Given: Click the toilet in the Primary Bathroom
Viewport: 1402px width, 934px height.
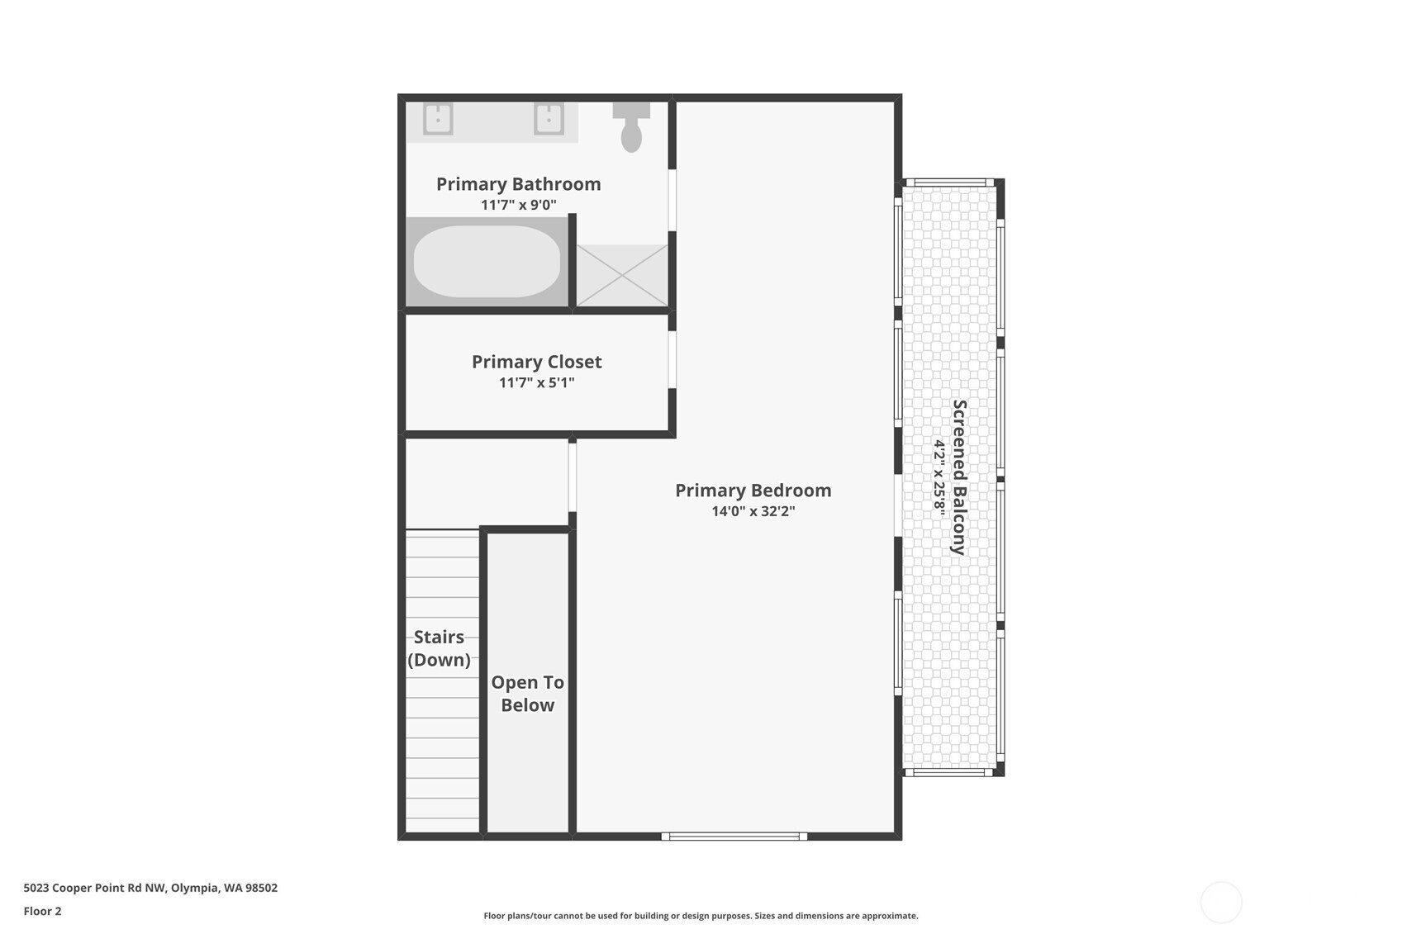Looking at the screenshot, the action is click(631, 128).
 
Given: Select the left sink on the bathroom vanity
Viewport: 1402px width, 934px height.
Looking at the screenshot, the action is click(438, 119).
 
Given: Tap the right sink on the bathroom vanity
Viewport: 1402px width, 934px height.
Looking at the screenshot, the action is click(549, 119).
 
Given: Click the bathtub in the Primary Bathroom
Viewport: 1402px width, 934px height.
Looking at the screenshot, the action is click(487, 262).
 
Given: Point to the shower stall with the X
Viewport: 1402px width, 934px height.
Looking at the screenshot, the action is click(622, 275).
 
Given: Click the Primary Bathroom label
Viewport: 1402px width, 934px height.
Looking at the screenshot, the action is click(518, 184).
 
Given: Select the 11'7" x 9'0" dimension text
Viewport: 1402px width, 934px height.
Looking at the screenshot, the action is click(518, 205).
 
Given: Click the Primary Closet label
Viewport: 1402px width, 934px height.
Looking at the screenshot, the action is click(536, 362).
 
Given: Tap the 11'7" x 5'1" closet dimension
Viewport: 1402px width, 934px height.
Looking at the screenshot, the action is click(536, 382).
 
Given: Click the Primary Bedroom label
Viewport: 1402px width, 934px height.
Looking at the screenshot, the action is click(753, 490).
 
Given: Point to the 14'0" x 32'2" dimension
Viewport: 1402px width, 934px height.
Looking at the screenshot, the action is click(753, 511).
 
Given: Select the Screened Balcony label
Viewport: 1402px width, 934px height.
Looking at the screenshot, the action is click(959, 476).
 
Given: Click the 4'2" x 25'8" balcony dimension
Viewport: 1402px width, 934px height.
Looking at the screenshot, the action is click(939, 476).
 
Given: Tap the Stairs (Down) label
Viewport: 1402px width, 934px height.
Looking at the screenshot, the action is click(439, 648).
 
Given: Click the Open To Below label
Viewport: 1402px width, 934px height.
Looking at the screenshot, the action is click(527, 693).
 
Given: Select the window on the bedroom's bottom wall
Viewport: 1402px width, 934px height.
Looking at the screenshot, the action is click(734, 837).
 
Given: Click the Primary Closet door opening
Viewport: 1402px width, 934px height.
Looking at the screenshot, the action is click(672, 359).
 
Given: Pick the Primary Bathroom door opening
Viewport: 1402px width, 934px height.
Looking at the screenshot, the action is click(672, 200).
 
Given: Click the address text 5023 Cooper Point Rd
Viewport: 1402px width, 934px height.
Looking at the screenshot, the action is click(95, 888).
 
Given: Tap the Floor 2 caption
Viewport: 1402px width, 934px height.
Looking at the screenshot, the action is click(43, 911).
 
